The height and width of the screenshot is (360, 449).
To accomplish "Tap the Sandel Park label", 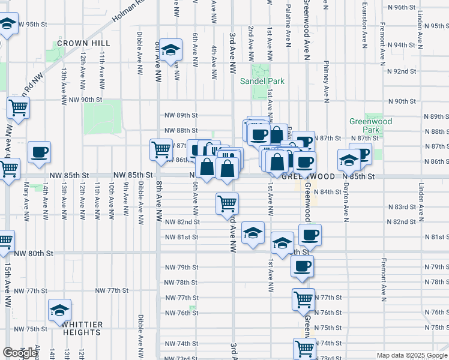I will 262,81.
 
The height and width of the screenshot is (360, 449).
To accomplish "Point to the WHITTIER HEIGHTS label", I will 82,328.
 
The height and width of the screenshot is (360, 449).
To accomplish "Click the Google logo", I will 20,353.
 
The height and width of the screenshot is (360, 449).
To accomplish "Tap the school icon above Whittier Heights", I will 59,310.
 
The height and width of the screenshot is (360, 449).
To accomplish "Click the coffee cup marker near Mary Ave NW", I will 39,152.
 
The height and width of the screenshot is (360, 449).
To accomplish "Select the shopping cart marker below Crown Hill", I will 18,109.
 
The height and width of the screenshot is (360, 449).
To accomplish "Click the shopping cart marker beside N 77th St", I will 304,298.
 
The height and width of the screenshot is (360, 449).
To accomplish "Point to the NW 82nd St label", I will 182,222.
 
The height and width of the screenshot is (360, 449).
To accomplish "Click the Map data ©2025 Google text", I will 411,355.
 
